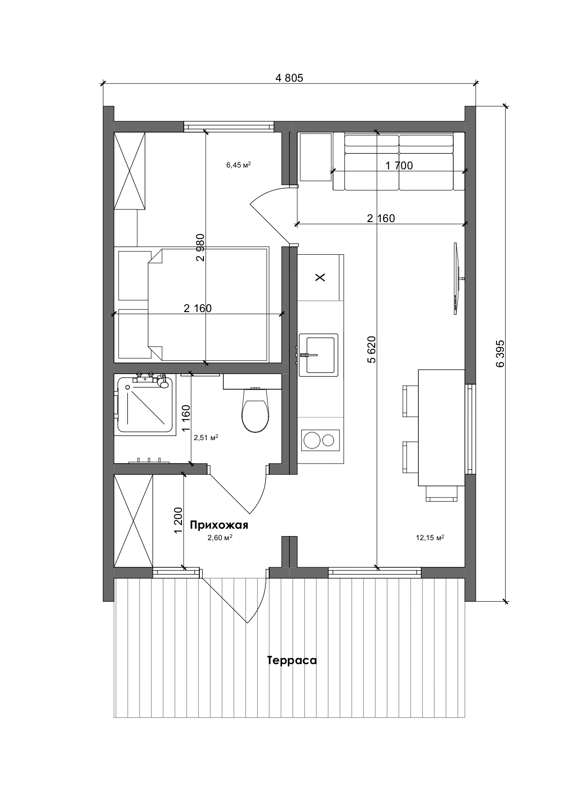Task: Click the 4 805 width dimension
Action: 289,78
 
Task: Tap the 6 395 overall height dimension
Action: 500,353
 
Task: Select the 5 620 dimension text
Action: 372,349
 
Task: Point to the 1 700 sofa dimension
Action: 399,166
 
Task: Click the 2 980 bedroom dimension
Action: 200,247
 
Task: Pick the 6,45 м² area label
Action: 238,165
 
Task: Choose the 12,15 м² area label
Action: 429,538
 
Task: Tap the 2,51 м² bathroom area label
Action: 205,438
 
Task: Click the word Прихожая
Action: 219,525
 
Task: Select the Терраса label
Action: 292,660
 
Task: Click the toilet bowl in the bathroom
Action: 255,415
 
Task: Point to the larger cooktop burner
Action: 311,441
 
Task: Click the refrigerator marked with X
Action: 320,277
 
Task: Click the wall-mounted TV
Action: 456,279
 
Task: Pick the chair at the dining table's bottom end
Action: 441,494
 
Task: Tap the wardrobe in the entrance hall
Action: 133,521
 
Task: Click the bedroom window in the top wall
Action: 229,126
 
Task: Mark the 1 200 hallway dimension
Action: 179,520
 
